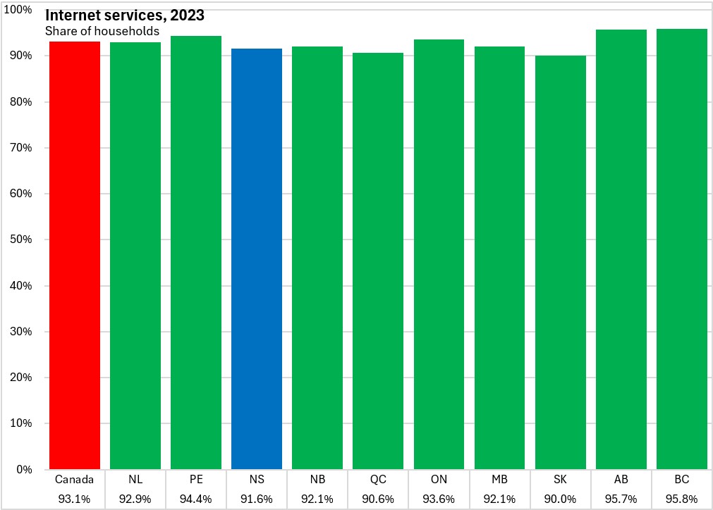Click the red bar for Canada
75,255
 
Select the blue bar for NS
257,259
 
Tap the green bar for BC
682,249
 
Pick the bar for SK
560,263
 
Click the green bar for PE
196,252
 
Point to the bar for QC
378,261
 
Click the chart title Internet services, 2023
125,15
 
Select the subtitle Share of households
102,31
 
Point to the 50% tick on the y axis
21,240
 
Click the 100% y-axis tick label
18,10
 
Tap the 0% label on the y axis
24,469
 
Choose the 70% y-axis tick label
21,148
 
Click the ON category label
439,479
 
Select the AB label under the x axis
621,479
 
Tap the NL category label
135,479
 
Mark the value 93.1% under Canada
74,499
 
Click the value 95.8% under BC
682,499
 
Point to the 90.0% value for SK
560,499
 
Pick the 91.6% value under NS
257,499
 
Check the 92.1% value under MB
499,499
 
